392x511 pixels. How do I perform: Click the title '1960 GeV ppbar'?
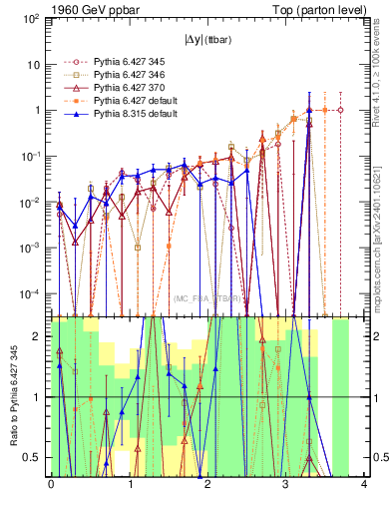pyautogui.click(x=52, y=8)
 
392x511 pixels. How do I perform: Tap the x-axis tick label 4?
pyautogui.click(x=364, y=485)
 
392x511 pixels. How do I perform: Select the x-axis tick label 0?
pyautogui.click(x=51, y=485)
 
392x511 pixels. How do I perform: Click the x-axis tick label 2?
pyautogui.click(x=207, y=485)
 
